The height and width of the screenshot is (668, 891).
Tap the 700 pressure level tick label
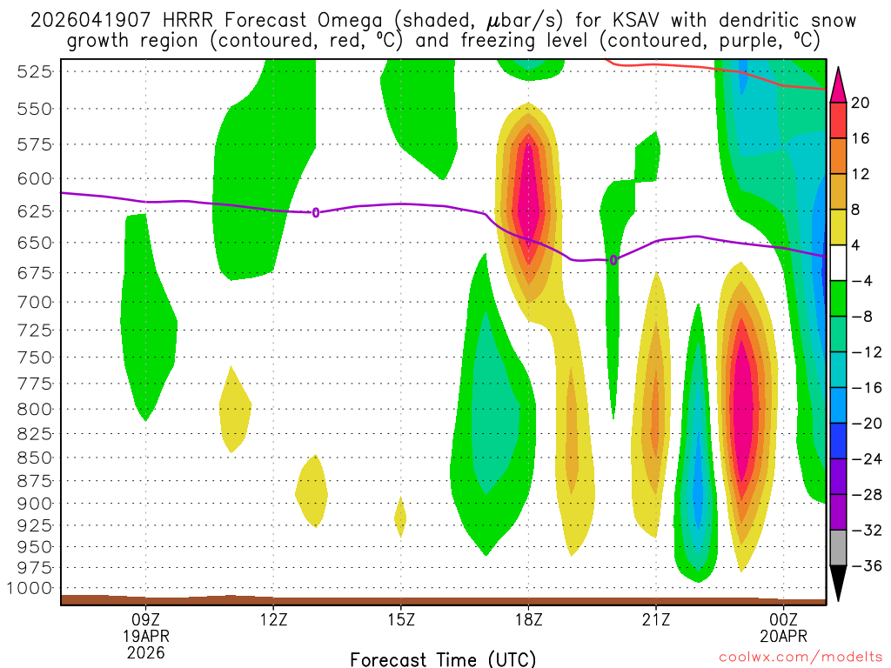[36, 302]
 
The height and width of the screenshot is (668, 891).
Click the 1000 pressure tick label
[31, 588]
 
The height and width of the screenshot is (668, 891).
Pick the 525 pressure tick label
[36, 72]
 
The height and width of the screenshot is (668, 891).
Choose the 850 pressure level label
[36, 457]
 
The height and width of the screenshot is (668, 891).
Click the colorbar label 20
[861, 103]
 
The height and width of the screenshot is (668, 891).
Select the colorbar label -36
[860, 565]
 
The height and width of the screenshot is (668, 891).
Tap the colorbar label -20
[860, 423]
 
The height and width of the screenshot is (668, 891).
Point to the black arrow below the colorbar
[839, 584]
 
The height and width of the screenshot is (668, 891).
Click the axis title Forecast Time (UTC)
[443, 658]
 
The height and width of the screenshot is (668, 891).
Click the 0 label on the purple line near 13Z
[315, 212]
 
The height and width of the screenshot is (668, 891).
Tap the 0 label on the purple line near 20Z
[613, 260]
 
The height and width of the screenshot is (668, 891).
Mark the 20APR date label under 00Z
[784, 635]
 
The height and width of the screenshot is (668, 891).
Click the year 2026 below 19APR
[145, 651]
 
